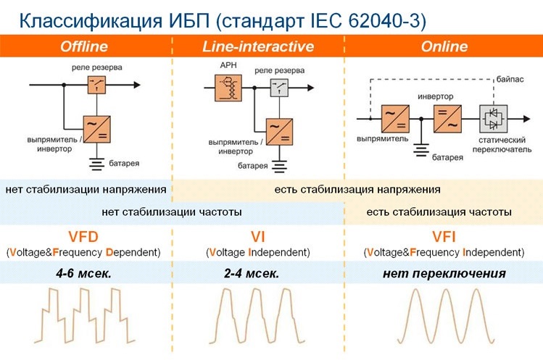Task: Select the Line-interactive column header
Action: coord(258,47)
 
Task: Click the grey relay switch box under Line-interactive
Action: coord(278,90)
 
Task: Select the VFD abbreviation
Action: coord(84,236)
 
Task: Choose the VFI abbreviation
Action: coord(443,236)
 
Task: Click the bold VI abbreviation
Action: coord(258,236)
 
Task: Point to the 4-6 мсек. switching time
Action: coord(84,273)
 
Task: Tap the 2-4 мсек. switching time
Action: coord(258,273)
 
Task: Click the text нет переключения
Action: coord(443,273)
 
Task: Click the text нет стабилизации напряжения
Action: coord(86,190)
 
